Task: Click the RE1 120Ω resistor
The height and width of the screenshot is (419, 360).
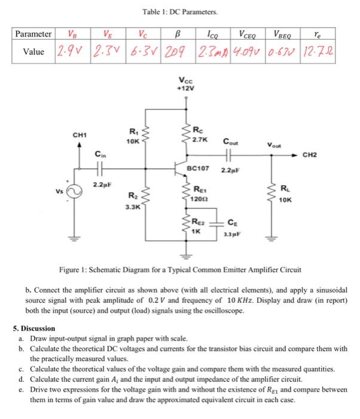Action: tap(188, 193)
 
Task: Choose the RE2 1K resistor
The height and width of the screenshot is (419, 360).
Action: tap(188, 226)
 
